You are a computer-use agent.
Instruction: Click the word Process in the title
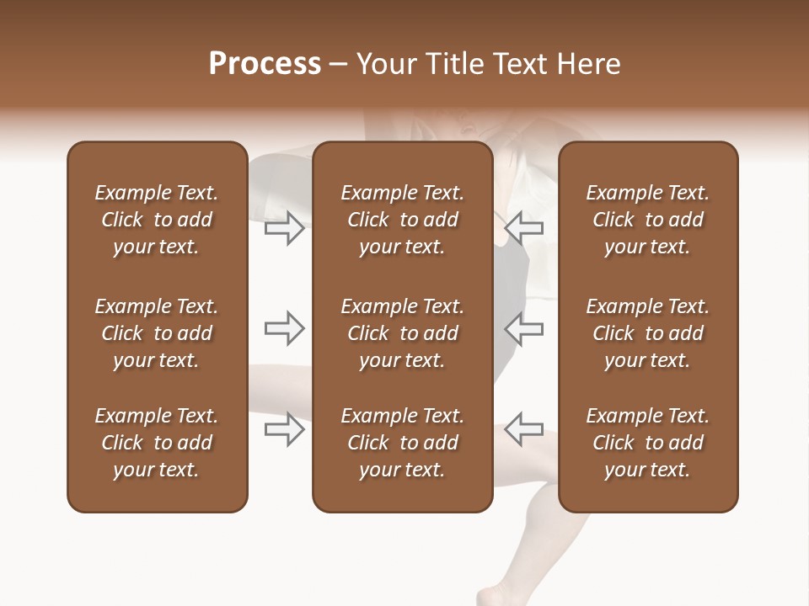(265, 64)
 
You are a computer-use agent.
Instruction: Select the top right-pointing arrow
(285, 228)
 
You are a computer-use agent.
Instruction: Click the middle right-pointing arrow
(285, 328)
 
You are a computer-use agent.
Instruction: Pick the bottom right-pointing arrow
(285, 429)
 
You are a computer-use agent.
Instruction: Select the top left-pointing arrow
(524, 227)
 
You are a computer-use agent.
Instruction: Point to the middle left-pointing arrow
(524, 328)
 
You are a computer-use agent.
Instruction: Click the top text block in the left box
(157, 220)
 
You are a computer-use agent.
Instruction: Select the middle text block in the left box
(157, 333)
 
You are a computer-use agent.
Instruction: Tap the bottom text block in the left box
(157, 443)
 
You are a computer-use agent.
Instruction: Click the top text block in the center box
(402, 220)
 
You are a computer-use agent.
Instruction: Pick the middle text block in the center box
(402, 333)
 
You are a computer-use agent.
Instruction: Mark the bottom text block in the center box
(402, 443)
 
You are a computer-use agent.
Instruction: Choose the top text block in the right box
(648, 220)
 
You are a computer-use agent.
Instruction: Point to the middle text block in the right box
(648, 333)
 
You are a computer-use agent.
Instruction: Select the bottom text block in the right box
(648, 443)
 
